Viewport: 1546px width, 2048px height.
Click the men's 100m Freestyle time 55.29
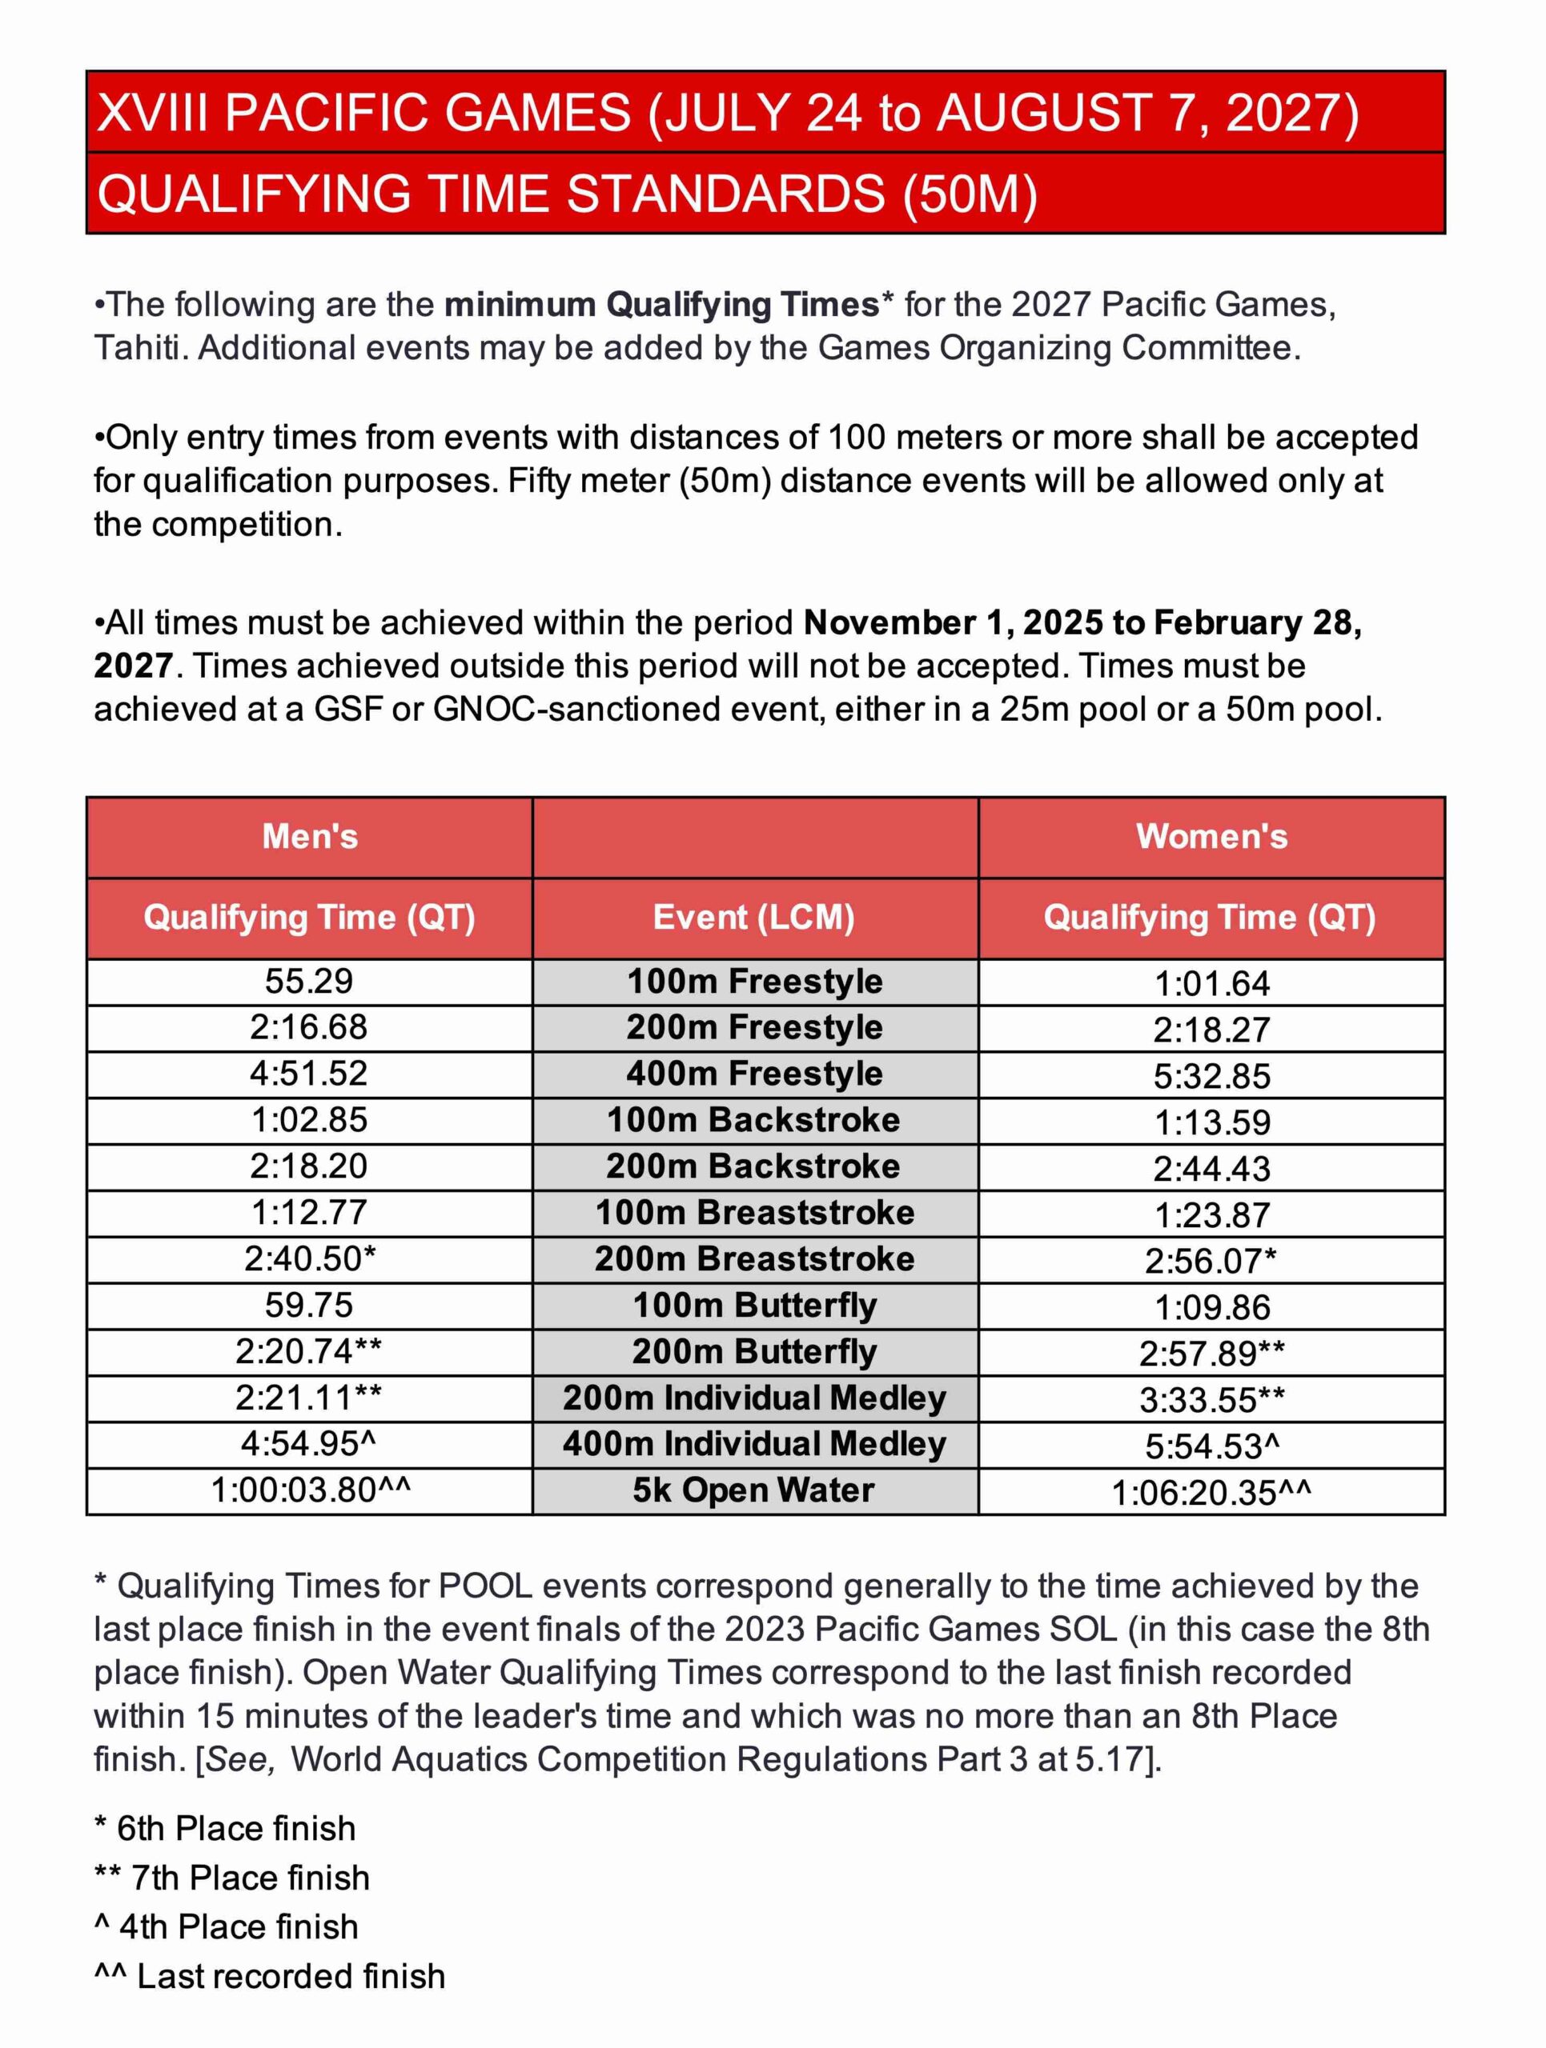308,982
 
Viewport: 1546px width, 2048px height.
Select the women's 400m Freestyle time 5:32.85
1211,1076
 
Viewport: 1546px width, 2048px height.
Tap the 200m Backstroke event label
753,1166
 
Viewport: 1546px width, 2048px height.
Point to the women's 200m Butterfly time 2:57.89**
1211,1354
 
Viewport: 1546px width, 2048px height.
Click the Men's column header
309,836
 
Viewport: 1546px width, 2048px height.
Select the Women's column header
1211,836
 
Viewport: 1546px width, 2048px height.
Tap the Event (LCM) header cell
753,918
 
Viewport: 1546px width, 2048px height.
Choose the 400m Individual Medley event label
753,1444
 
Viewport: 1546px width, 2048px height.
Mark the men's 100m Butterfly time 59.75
308,1306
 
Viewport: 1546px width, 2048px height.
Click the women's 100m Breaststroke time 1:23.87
1211,1214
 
